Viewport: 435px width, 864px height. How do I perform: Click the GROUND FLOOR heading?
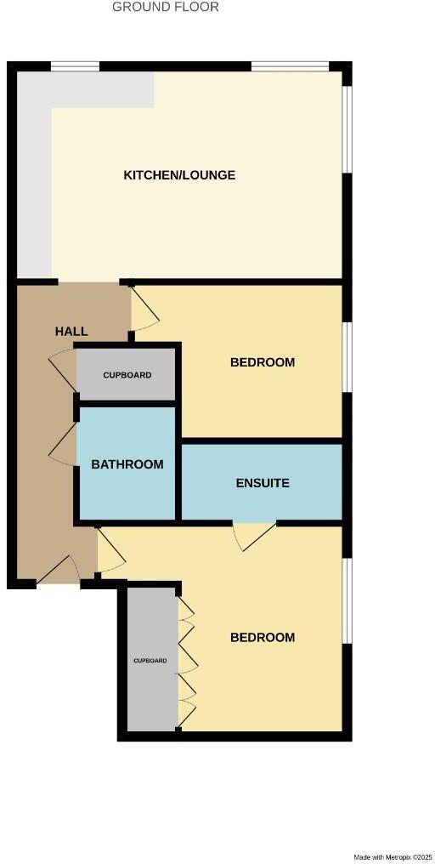pyautogui.click(x=166, y=7)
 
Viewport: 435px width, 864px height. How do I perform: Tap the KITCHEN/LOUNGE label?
pyautogui.click(x=179, y=175)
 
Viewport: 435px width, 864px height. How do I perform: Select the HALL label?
pyautogui.click(x=71, y=331)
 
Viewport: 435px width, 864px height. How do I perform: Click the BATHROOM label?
pyautogui.click(x=127, y=464)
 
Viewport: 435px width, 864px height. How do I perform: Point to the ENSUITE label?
pyautogui.click(x=263, y=483)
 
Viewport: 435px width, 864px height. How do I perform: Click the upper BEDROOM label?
pyautogui.click(x=263, y=362)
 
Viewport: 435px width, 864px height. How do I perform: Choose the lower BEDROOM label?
pyautogui.click(x=263, y=637)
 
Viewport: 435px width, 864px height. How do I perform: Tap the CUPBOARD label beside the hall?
pyautogui.click(x=127, y=375)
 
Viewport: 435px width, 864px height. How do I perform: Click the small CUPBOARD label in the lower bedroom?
pyautogui.click(x=150, y=660)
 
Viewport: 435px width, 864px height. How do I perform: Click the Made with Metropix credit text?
pyautogui.click(x=393, y=856)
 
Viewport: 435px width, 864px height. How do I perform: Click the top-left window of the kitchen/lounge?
pyautogui.click(x=75, y=66)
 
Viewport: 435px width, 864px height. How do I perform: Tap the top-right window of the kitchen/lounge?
pyautogui.click(x=290, y=66)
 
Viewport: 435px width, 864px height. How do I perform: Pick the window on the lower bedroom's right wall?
pyautogui.click(x=347, y=600)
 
